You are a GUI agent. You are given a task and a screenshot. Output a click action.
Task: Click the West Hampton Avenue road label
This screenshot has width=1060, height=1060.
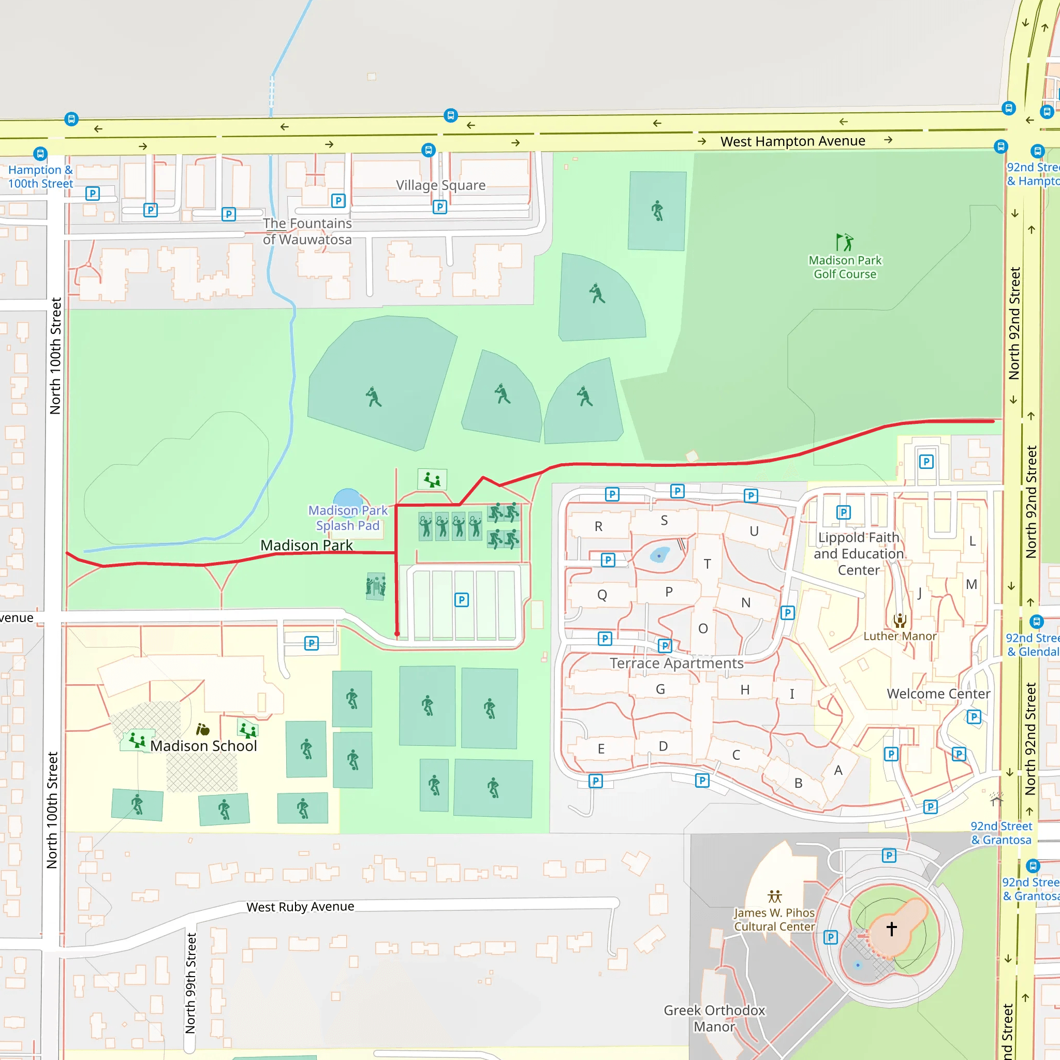(x=792, y=141)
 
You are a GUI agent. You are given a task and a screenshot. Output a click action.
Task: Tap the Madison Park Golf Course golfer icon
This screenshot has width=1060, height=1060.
(x=844, y=242)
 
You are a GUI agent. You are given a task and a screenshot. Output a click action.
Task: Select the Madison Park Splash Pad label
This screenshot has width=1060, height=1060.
(x=348, y=518)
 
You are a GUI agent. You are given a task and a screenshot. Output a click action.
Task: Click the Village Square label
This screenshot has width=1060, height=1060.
(x=440, y=185)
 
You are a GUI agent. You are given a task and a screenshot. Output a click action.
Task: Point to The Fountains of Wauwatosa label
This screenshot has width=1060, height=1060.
(x=307, y=231)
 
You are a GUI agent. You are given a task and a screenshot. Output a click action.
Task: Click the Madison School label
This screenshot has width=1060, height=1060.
(x=203, y=746)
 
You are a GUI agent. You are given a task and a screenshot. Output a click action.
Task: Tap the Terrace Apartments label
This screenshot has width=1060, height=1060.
(x=676, y=664)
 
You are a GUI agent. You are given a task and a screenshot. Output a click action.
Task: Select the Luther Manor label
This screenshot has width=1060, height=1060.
(x=900, y=637)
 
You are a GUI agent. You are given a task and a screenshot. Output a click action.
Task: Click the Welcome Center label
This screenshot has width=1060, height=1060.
(x=938, y=694)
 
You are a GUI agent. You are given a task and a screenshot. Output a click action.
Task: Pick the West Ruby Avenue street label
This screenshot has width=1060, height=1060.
(x=300, y=907)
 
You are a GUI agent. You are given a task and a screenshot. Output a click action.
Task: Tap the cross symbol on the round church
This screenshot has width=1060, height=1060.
(x=892, y=929)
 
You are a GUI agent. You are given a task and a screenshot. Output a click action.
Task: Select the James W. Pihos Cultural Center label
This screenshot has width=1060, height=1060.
(x=774, y=920)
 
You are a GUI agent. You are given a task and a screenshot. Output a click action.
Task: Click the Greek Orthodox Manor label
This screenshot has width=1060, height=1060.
(x=714, y=1018)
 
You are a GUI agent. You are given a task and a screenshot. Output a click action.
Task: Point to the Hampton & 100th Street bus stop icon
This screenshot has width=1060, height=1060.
(x=40, y=154)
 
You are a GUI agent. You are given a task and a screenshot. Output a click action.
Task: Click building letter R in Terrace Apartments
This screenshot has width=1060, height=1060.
(x=599, y=527)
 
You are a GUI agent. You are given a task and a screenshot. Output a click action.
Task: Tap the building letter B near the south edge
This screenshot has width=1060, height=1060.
(x=798, y=784)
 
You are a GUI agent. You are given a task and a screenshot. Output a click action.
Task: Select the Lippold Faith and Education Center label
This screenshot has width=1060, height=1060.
(x=859, y=554)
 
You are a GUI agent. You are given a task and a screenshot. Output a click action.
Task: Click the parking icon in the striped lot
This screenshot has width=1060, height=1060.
(x=461, y=600)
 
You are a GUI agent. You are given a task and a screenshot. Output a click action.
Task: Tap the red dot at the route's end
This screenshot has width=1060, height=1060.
(x=397, y=634)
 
